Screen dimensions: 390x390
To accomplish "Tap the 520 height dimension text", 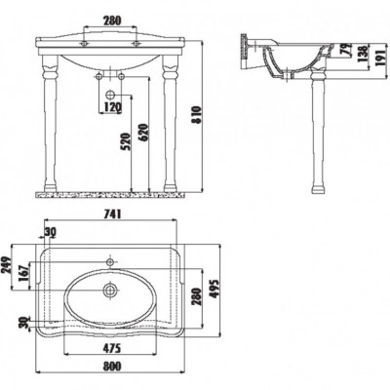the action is [x=127, y=141].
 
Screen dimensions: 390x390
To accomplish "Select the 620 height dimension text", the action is [x=144, y=133].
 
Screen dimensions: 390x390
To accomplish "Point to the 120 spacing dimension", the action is [x=112, y=106].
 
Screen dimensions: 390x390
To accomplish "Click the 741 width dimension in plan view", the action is [x=112, y=214].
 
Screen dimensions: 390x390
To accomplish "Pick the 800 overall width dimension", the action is [x=112, y=366].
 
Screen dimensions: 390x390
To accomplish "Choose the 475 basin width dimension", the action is [x=112, y=348].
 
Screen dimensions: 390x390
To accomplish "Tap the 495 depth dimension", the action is [x=214, y=289].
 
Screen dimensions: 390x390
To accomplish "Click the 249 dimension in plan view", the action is [x=7, y=266].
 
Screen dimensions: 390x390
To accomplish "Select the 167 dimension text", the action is [x=24, y=273].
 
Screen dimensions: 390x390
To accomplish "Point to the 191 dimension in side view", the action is [x=380, y=58].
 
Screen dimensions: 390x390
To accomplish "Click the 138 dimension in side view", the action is [x=364, y=54].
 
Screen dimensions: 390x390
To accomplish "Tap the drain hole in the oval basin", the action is [x=110, y=290].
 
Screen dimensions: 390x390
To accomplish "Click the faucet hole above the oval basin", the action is [x=110, y=261].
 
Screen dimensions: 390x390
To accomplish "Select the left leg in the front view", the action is [x=51, y=124].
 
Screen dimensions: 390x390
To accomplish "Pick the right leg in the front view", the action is [x=171, y=124].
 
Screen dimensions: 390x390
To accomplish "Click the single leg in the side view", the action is [x=317, y=130].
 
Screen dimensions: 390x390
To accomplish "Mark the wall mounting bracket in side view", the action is [x=244, y=51].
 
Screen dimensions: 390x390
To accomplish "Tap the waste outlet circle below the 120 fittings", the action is [x=110, y=95].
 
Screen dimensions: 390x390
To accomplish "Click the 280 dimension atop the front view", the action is [x=112, y=20].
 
